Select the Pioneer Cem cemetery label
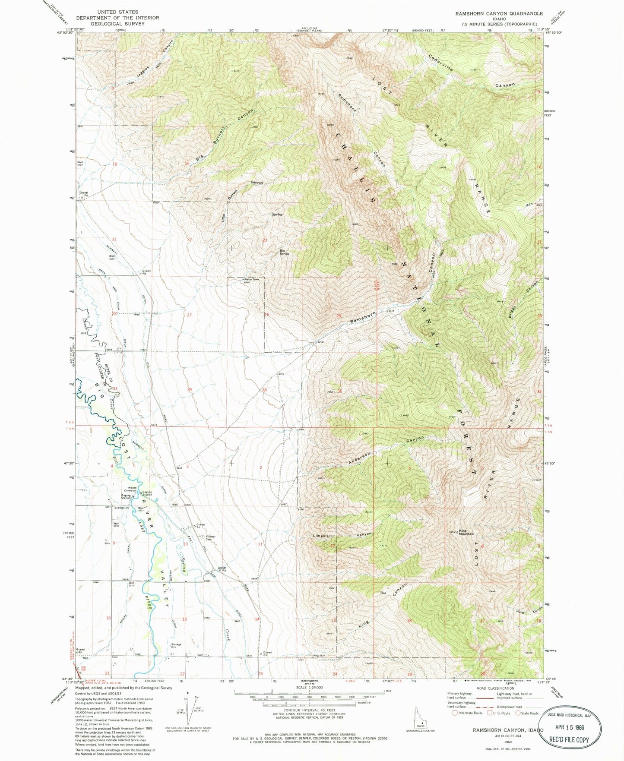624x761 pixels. (208, 538)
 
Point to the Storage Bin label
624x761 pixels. (176, 646)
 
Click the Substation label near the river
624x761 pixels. (121, 508)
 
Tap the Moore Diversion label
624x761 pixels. (130, 489)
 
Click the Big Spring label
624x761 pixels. (284, 252)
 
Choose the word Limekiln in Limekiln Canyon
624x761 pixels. (322, 536)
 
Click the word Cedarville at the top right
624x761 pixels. (441, 63)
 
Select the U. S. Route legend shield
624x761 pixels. (490, 713)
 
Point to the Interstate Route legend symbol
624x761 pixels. (454, 713)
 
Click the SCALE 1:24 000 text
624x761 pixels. (309, 687)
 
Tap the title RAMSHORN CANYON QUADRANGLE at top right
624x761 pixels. (499, 14)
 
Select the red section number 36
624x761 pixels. (340, 392)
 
